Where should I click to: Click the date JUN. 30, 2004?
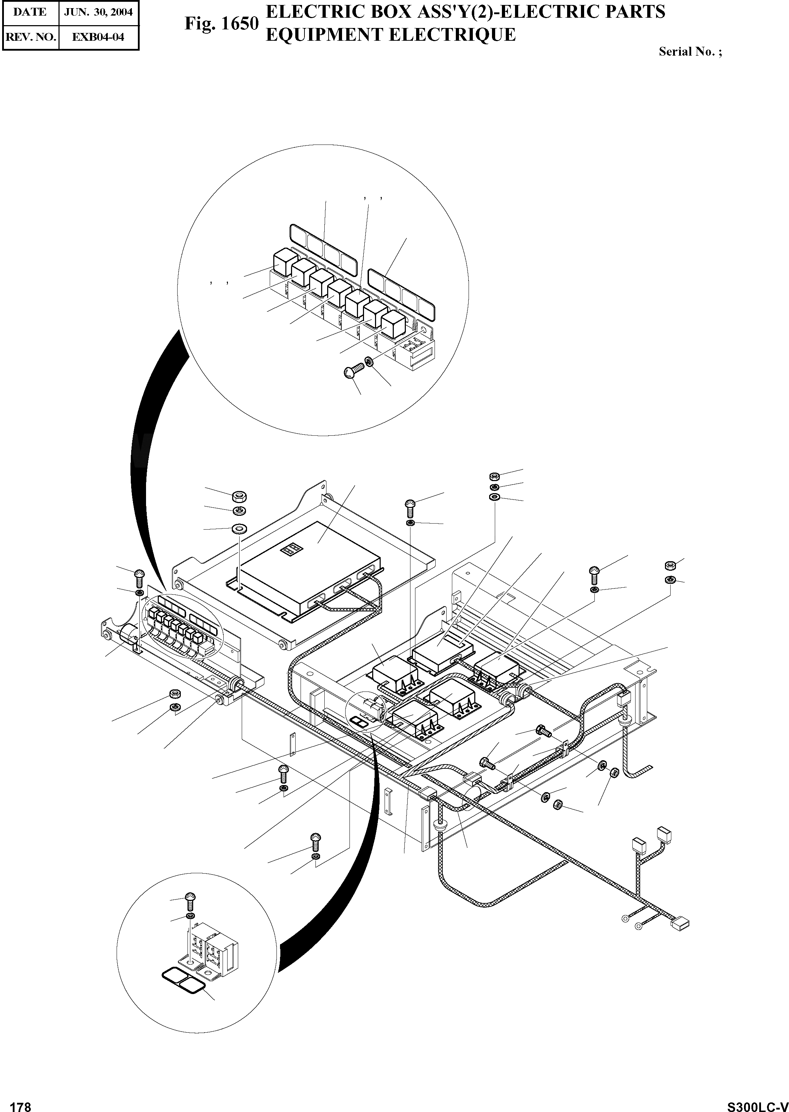pos(99,12)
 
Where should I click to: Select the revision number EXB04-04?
pos(99,37)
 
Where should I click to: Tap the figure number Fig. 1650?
pos(221,23)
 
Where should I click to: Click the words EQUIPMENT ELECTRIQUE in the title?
pos(390,35)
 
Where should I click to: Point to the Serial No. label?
pos(690,51)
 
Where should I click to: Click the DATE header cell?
pos(30,12)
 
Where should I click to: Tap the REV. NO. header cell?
pos(30,37)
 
